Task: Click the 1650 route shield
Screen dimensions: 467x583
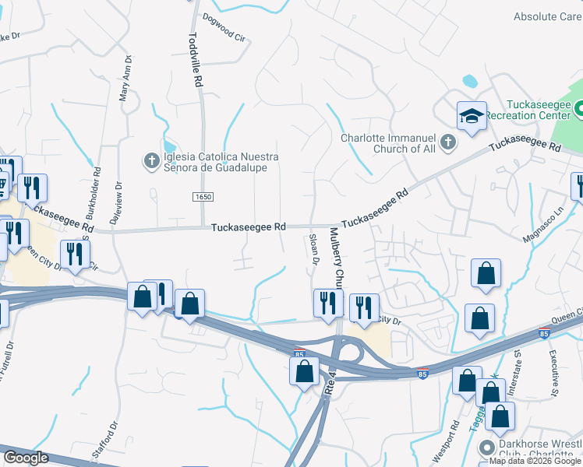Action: pyautogui.click(x=203, y=198)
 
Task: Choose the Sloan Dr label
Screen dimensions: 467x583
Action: pyautogui.click(x=314, y=248)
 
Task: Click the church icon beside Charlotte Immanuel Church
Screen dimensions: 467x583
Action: pyautogui.click(x=447, y=142)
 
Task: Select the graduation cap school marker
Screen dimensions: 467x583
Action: pyautogui.click(x=471, y=117)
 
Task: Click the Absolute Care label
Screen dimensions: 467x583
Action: pyautogui.click(x=547, y=16)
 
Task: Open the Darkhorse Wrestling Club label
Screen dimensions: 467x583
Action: pyautogui.click(x=538, y=450)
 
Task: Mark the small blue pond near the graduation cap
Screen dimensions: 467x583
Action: pyautogui.click(x=469, y=81)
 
